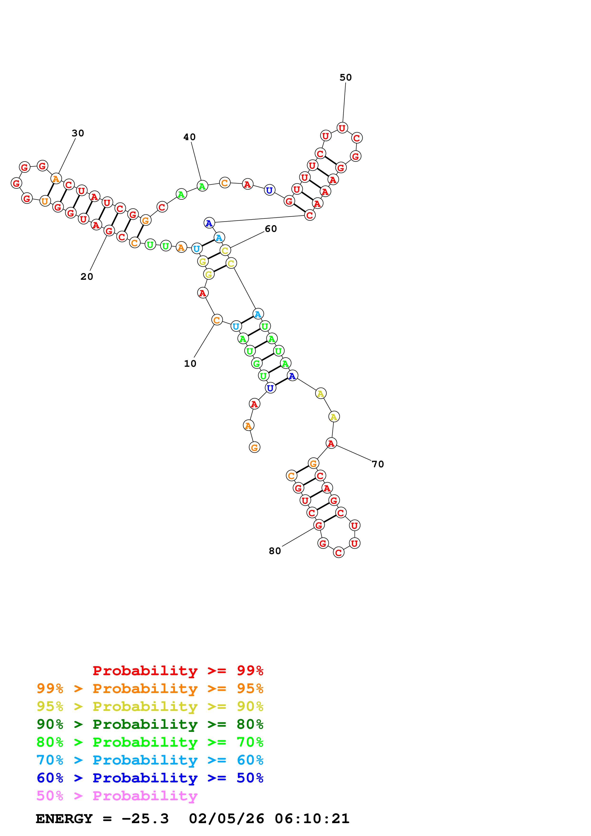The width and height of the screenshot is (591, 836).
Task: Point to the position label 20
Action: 87,277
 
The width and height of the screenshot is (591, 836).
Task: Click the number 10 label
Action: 190,364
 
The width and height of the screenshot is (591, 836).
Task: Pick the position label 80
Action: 275,551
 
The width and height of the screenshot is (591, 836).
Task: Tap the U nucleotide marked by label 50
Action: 342,128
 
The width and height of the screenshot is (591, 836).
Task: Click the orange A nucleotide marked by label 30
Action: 56,179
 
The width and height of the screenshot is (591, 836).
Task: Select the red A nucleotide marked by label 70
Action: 331,443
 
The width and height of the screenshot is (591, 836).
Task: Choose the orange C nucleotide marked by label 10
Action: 217,320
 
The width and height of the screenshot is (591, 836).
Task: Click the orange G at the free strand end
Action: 255,448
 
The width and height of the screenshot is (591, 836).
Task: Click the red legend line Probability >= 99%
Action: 178,671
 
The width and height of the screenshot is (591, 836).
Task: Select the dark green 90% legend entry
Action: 150,724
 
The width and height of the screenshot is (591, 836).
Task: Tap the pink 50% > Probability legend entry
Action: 117,796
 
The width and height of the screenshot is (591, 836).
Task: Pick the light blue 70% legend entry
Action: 150,760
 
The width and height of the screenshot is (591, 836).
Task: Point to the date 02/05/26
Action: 226,819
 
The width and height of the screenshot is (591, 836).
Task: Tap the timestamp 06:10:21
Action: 312,819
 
